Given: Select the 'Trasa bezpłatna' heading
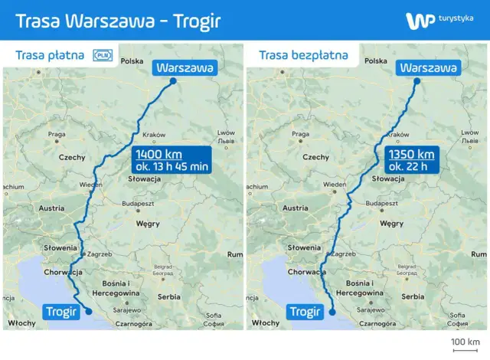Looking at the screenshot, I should click(303, 55).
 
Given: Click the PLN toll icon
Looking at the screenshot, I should click(102, 55).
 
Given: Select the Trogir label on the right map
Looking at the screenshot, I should click(305, 312).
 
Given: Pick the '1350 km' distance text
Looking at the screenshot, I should click(411, 154).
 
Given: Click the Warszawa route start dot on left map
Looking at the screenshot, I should click(174, 81).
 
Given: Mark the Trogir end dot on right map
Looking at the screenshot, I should click(332, 312).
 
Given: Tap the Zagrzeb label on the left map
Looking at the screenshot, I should click(100, 254).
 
